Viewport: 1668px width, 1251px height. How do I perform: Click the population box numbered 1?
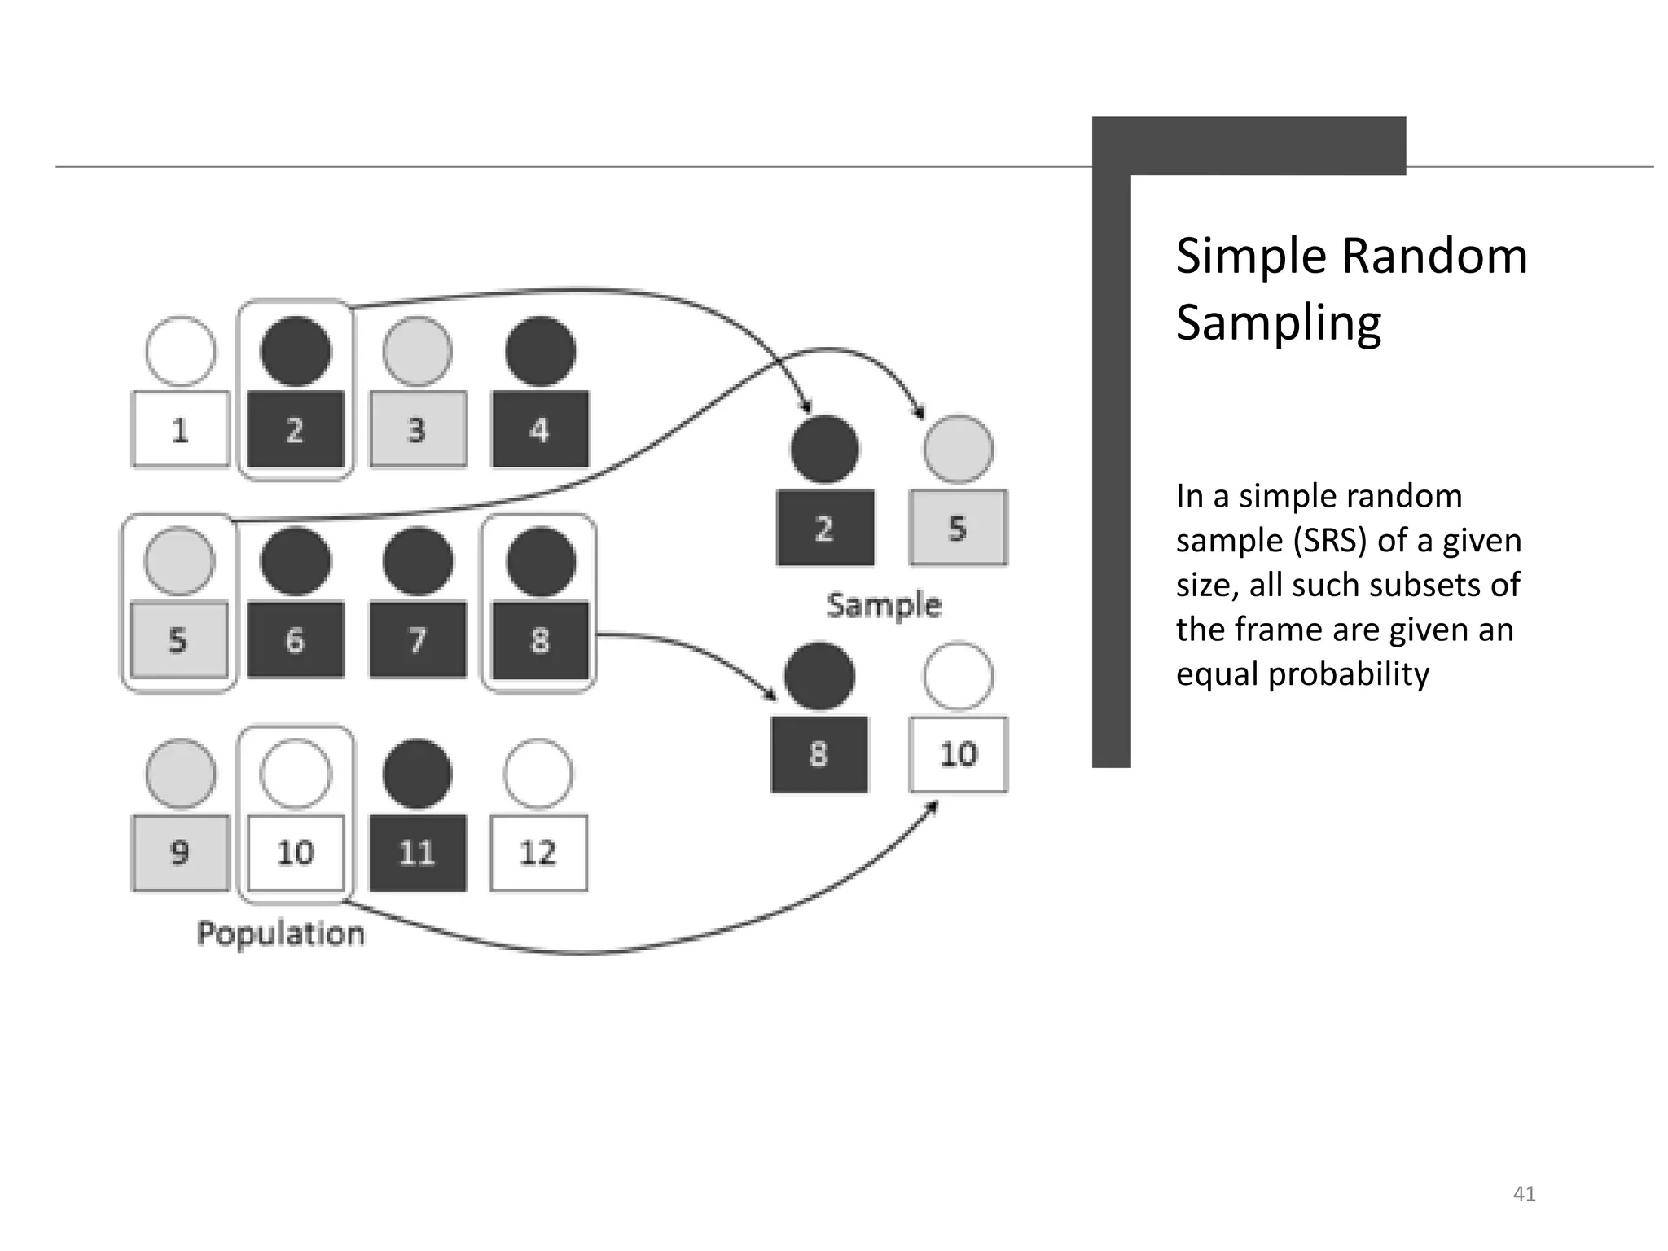coord(180,429)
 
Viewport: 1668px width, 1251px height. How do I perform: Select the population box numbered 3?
coord(418,429)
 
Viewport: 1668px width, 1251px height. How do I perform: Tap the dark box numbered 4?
coord(540,429)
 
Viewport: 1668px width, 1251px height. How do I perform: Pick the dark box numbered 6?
coord(296,640)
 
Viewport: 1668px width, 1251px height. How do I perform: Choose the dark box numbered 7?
coord(418,640)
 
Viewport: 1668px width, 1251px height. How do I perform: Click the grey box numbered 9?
coord(180,853)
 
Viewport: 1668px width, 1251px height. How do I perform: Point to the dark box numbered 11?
coord(418,853)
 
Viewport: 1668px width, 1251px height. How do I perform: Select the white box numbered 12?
coord(538,853)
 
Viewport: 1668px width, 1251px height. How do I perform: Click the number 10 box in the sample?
coord(959,754)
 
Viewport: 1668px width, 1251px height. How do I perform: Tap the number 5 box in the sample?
coord(959,528)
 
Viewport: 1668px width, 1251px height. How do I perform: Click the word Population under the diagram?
coord(281,933)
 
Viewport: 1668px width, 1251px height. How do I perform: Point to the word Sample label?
coord(884,605)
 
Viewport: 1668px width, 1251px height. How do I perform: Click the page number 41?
coord(1524,1194)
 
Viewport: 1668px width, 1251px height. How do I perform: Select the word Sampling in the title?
coord(1279,323)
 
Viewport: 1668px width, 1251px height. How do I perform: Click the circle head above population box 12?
coord(538,774)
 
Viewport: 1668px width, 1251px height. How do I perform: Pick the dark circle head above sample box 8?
coord(819,676)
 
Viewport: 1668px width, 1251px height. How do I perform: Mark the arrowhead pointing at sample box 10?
coord(933,806)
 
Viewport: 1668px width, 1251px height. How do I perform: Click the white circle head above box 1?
coord(181,351)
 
